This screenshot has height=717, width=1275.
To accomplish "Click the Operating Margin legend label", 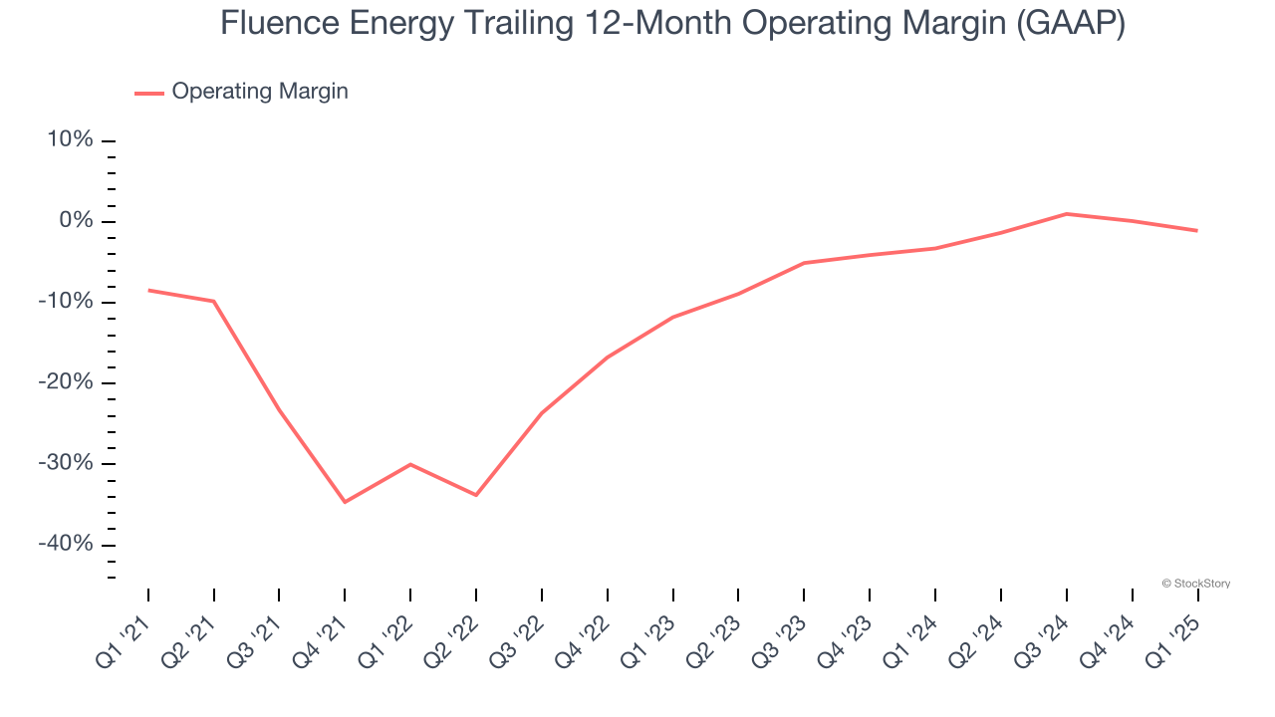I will click(x=260, y=92).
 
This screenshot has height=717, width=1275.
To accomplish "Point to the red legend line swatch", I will click(x=149, y=93).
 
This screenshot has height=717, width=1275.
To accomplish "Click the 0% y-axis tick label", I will click(x=76, y=221).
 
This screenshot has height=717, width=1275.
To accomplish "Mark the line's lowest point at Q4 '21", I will click(x=345, y=502).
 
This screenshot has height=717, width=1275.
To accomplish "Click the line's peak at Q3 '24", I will click(x=1066, y=213).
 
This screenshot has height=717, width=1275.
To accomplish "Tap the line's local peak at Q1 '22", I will click(x=410, y=464).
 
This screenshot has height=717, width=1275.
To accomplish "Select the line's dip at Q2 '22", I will click(x=476, y=495).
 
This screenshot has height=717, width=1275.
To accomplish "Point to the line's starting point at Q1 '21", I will click(x=148, y=290).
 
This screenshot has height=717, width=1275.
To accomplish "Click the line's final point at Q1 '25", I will click(x=1197, y=231).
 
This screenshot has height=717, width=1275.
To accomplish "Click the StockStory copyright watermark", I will click(x=1195, y=584).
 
